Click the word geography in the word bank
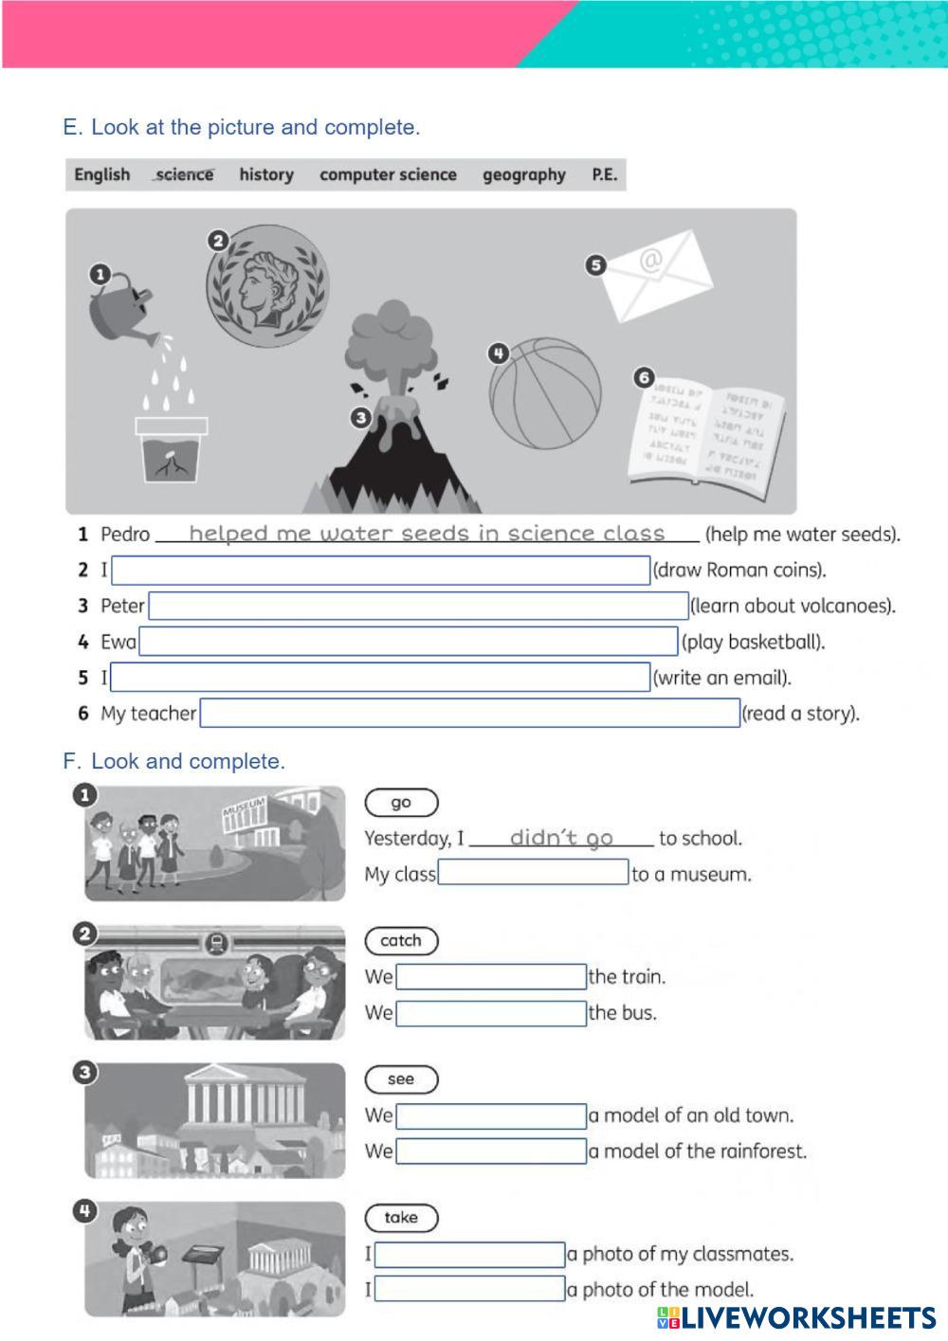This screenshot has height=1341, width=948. point(523,175)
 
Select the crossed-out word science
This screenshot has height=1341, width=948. point(184,175)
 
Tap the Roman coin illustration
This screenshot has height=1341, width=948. point(268,285)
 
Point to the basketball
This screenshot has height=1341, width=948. point(545,392)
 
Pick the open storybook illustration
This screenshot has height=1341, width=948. point(707,430)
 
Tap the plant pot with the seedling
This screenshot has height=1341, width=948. point(171,449)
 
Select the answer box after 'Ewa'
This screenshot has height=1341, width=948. point(408,642)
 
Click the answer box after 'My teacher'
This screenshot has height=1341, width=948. point(469,713)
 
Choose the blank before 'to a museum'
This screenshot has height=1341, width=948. point(533,873)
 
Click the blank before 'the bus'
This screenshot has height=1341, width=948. point(491,1013)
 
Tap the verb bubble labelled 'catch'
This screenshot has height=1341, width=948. point(401,941)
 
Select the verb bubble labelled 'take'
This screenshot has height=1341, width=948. point(401,1218)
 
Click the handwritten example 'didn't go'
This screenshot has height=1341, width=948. point(560,838)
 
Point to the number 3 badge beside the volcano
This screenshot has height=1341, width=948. point(360,417)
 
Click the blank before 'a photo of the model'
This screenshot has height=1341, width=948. point(470,1289)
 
